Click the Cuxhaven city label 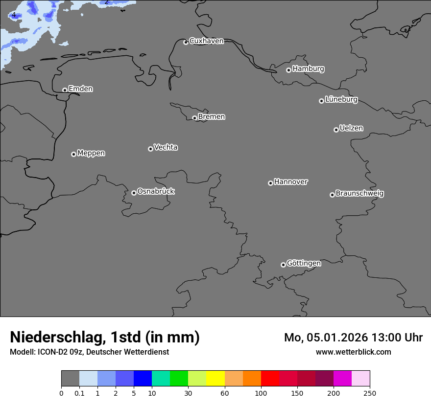click(206, 41)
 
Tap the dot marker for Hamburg click(288, 70)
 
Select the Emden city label click(80, 89)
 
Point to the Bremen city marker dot click(194, 118)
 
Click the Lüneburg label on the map click(341, 100)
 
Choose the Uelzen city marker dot click(336, 130)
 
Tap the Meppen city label click(91, 154)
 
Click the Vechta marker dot click(150, 149)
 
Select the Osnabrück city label click(156, 192)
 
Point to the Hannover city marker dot click(270, 183)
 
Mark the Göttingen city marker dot click(283, 265)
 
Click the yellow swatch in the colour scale click(215, 379)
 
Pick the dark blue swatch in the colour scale click(143, 379)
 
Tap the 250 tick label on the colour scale click(370, 393)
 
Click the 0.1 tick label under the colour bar click(79, 393)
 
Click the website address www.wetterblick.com click(353, 352)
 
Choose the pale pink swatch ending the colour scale click(360, 379)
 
